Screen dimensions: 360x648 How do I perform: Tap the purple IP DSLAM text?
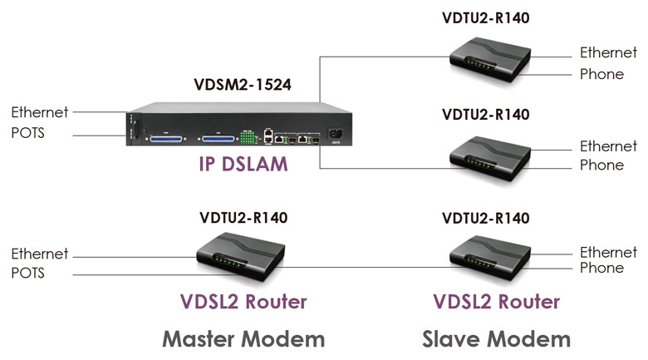(x=243, y=164)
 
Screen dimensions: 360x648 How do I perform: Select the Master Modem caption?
(x=243, y=338)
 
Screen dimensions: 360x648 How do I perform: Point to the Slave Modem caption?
(x=496, y=338)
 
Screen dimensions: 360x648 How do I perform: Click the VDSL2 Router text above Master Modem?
(x=244, y=301)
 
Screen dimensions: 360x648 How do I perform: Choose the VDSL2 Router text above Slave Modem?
(x=496, y=301)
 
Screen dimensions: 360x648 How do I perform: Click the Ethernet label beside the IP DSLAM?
(x=39, y=111)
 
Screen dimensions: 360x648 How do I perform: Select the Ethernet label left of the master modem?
(x=39, y=254)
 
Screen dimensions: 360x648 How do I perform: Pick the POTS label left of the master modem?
(x=27, y=273)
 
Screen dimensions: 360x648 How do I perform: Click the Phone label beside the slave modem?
(x=601, y=268)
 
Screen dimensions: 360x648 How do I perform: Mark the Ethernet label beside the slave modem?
(x=608, y=252)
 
